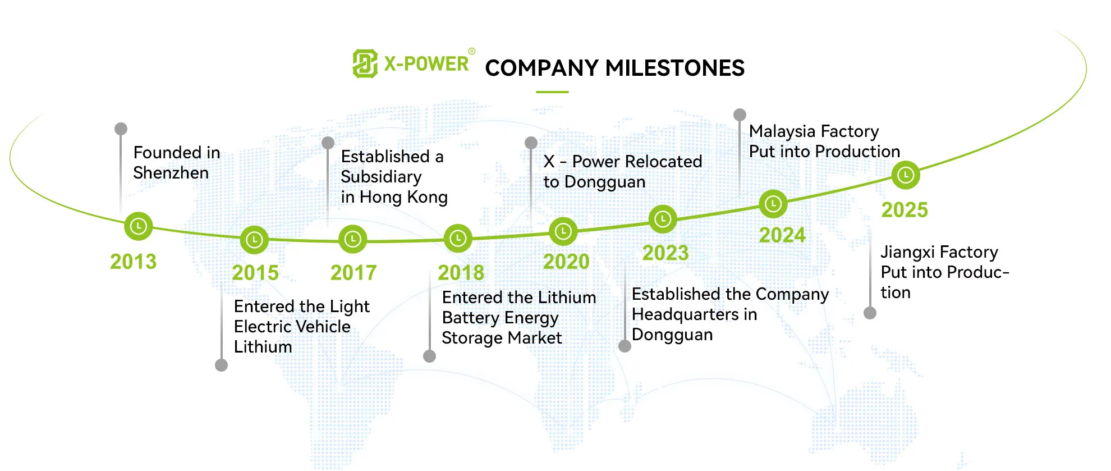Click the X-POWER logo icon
pyautogui.click(x=365, y=63)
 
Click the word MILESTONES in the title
pyautogui.click(x=675, y=68)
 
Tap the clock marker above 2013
pyautogui.click(x=138, y=226)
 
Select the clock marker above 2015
pyautogui.click(x=254, y=240)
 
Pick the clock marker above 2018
pyautogui.click(x=458, y=239)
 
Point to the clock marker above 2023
pyautogui.click(x=663, y=219)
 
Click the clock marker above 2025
pyautogui.click(x=906, y=176)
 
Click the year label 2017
pyautogui.click(x=353, y=273)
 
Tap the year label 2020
pyautogui.click(x=566, y=262)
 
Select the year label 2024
pyautogui.click(x=782, y=235)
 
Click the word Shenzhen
pyautogui.click(x=171, y=173)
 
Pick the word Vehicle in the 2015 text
pyautogui.click(x=324, y=327)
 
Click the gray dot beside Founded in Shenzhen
pyautogui.click(x=121, y=129)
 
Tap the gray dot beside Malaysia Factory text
pyautogui.click(x=740, y=115)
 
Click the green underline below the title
pyautogui.click(x=552, y=92)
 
